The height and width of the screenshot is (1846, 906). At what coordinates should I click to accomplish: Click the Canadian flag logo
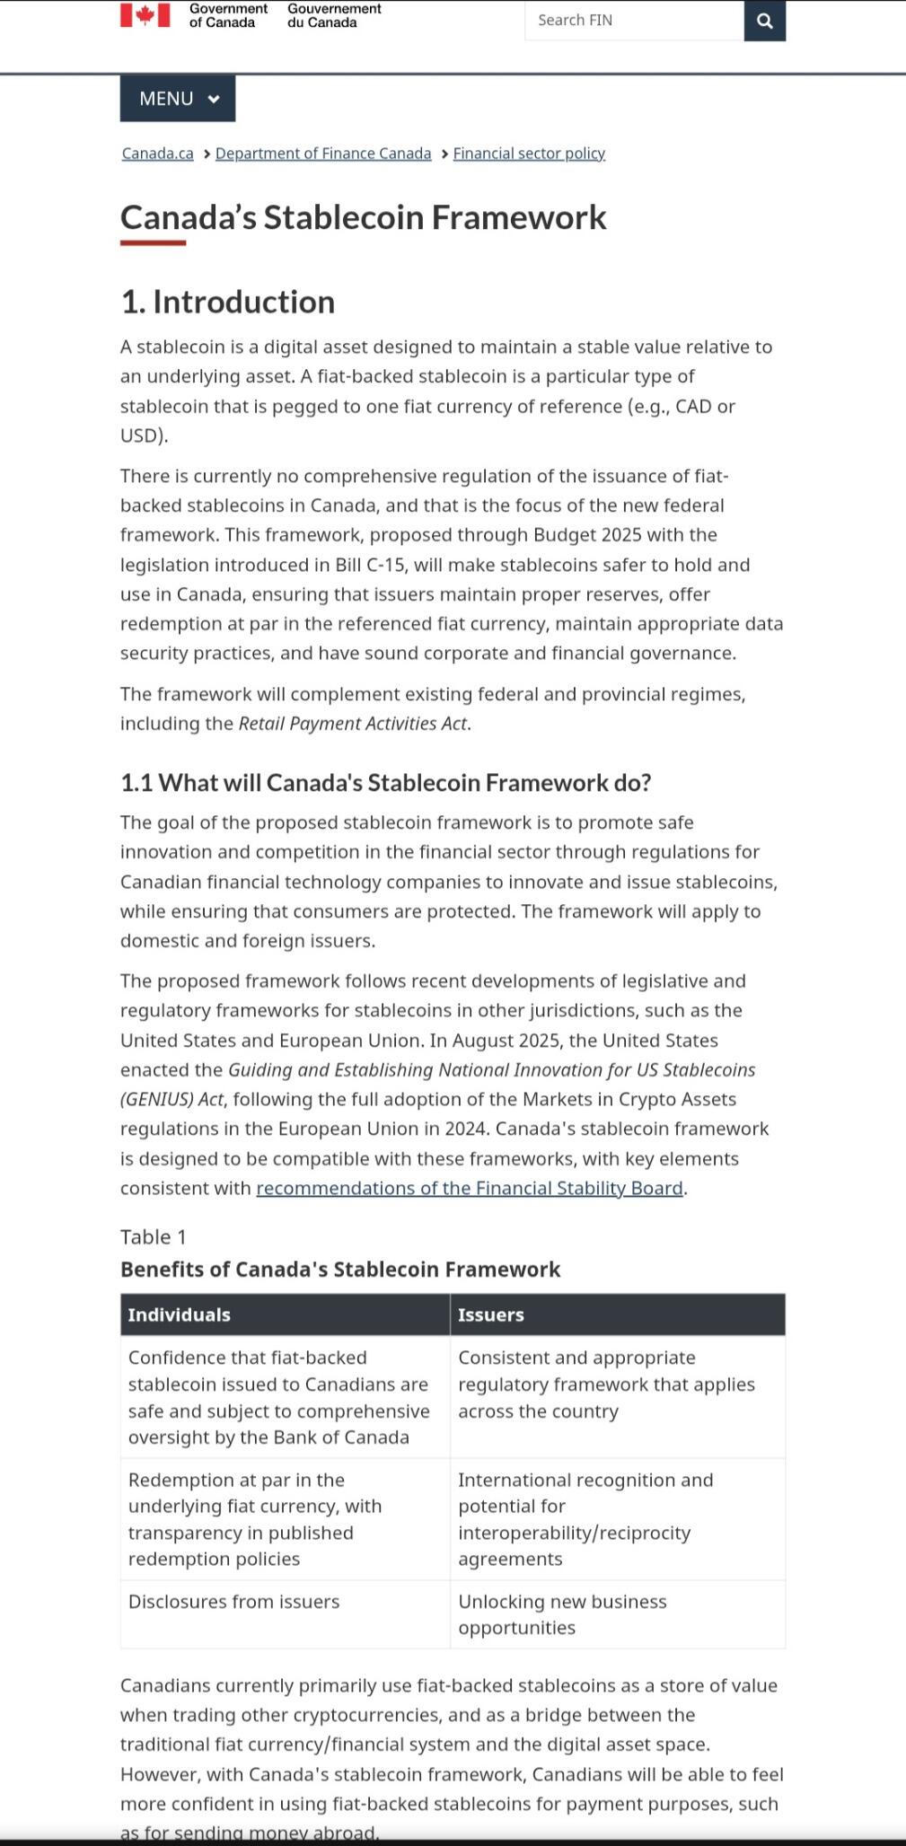pos(145,15)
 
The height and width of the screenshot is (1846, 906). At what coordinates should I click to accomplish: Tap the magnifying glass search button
pos(765,21)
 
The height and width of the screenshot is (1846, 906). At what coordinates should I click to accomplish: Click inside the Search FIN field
pos(633,21)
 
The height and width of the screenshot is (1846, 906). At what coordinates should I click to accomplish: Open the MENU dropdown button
pos(178,99)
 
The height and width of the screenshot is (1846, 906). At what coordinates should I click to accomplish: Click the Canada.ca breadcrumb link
pos(158,154)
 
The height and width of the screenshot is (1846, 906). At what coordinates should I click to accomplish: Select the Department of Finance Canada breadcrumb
pos(323,154)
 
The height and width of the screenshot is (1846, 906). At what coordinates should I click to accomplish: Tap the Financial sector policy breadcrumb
pos(529,154)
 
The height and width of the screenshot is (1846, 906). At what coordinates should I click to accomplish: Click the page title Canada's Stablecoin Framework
pos(364,218)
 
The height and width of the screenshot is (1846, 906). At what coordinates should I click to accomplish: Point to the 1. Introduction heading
pos(228,303)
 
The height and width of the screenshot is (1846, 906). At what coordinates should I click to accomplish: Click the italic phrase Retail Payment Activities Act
pos(353,724)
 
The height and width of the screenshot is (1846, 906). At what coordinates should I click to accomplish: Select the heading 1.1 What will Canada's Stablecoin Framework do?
pos(386,783)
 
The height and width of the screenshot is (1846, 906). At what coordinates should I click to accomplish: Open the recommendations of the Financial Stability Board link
pos(470,1189)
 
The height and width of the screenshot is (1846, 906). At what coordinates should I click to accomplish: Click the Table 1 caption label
pos(154,1237)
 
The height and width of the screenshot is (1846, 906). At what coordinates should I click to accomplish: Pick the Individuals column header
pos(180,1315)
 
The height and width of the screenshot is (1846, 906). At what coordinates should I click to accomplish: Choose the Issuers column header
pos(491,1315)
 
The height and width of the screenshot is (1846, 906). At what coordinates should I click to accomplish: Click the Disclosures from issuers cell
pos(234,1602)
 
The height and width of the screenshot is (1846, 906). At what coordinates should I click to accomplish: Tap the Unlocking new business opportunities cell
pos(562,1614)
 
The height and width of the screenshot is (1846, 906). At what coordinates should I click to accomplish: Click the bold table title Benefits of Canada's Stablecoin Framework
pos(340,1270)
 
